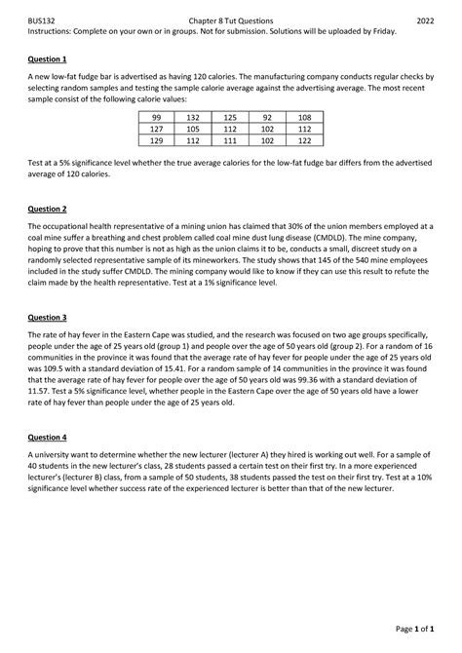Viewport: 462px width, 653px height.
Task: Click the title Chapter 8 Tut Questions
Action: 231,19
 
